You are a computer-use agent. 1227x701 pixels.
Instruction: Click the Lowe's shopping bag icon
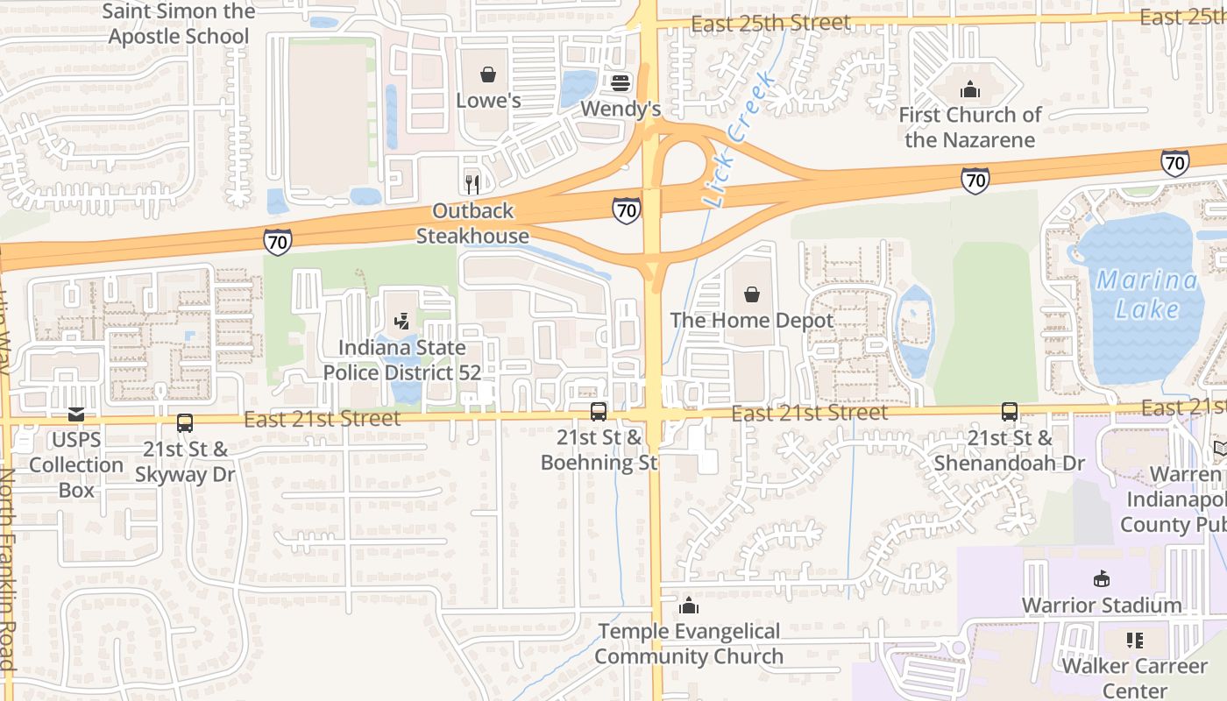click(x=488, y=75)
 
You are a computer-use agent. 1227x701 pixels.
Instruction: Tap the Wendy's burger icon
click(x=621, y=83)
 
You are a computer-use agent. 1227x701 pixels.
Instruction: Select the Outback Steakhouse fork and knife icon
click(x=472, y=184)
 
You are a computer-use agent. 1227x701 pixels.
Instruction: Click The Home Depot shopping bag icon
click(x=752, y=294)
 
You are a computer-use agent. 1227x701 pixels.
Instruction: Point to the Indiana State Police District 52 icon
click(x=401, y=322)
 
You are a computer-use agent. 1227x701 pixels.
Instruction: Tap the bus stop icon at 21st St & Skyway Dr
click(x=184, y=423)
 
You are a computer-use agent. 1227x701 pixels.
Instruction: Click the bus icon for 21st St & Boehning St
click(x=599, y=411)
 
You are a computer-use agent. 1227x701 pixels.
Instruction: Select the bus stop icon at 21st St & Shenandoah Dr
click(x=1009, y=412)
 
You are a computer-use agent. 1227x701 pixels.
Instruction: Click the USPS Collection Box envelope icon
click(x=76, y=414)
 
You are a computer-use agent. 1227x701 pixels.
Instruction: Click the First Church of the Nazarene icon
click(x=969, y=89)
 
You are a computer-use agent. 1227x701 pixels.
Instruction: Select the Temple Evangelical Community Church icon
click(x=689, y=605)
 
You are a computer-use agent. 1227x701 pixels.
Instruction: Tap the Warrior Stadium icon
click(x=1102, y=579)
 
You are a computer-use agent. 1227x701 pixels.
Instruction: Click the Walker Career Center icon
click(x=1135, y=641)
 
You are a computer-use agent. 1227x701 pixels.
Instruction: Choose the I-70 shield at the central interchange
click(x=626, y=209)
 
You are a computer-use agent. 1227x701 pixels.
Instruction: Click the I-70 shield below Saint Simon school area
click(x=277, y=241)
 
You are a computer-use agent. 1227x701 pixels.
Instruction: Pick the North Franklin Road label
click(x=8, y=570)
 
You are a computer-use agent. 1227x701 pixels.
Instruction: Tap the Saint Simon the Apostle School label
click(x=179, y=24)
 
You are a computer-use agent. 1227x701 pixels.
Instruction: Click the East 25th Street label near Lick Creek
click(x=770, y=23)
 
